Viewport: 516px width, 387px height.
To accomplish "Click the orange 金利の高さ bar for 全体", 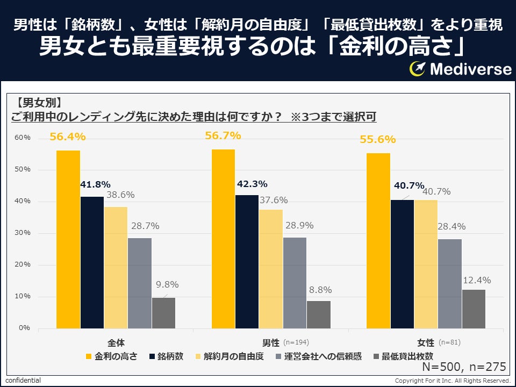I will pyautogui.click(x=68, y=239).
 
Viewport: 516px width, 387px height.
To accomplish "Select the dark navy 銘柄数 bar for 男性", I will pyautogui.click(x=247, y=261).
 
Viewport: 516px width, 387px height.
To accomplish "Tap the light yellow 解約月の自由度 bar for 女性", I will pyautogui.click(x=426, y=264).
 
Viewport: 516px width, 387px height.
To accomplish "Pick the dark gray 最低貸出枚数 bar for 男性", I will pyautogui.click(x=319, y=314).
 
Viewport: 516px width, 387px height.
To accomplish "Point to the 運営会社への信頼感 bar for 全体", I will pyautogui.click(x=140, y=283).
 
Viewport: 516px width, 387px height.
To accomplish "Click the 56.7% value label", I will pyautogui.click(x=223, y=136).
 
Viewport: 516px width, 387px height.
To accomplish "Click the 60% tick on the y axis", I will pyautogui.click(x=23, y=138).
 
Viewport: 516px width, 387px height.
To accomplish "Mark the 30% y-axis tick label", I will pyautogui.click(x=23, y=233).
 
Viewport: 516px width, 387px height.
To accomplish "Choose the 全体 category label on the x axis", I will pyautogui.click(x=116, y=342).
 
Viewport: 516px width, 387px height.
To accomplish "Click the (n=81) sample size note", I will pyautogui.click(x=449, y=342).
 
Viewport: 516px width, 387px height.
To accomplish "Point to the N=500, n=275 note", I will pyautogui.click(x=464, y=367).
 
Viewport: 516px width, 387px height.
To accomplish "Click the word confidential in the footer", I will pyautogui.click(x=23, y=381).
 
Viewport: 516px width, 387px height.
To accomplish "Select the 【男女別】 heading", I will pyautogui.click(x=40, y=102).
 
